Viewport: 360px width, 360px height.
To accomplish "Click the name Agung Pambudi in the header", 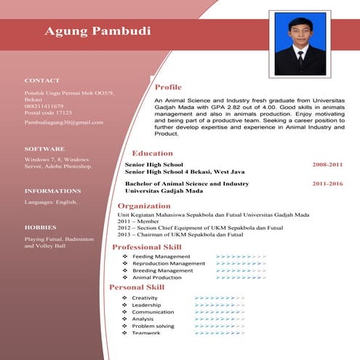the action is coord(97,31).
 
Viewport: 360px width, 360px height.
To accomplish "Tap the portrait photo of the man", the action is coord(300,43).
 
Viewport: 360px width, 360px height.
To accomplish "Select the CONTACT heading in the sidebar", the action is coord(42,80).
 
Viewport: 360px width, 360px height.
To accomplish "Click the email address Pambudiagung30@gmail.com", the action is coord(64,122).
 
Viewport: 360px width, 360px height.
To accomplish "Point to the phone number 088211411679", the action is coord(44,106).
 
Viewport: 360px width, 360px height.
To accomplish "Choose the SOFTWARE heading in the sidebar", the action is coord(44,148).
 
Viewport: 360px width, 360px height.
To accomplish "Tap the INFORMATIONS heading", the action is coord(52,191).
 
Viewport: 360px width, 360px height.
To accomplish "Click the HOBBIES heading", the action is coord(41,227).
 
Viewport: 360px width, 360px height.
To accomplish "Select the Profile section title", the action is coord(168,87).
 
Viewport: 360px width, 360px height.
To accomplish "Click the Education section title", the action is coord(152,153).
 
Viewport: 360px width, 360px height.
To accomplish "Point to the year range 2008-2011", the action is coord(327,165).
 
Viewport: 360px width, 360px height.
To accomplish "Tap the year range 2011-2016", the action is coord(327,184).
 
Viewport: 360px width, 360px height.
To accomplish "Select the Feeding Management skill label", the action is coord(161,257).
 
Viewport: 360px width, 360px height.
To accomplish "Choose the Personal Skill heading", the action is coord(137,287).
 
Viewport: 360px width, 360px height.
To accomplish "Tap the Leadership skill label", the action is coord(146,305).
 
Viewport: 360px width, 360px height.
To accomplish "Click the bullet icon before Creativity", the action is coord(124,298).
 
